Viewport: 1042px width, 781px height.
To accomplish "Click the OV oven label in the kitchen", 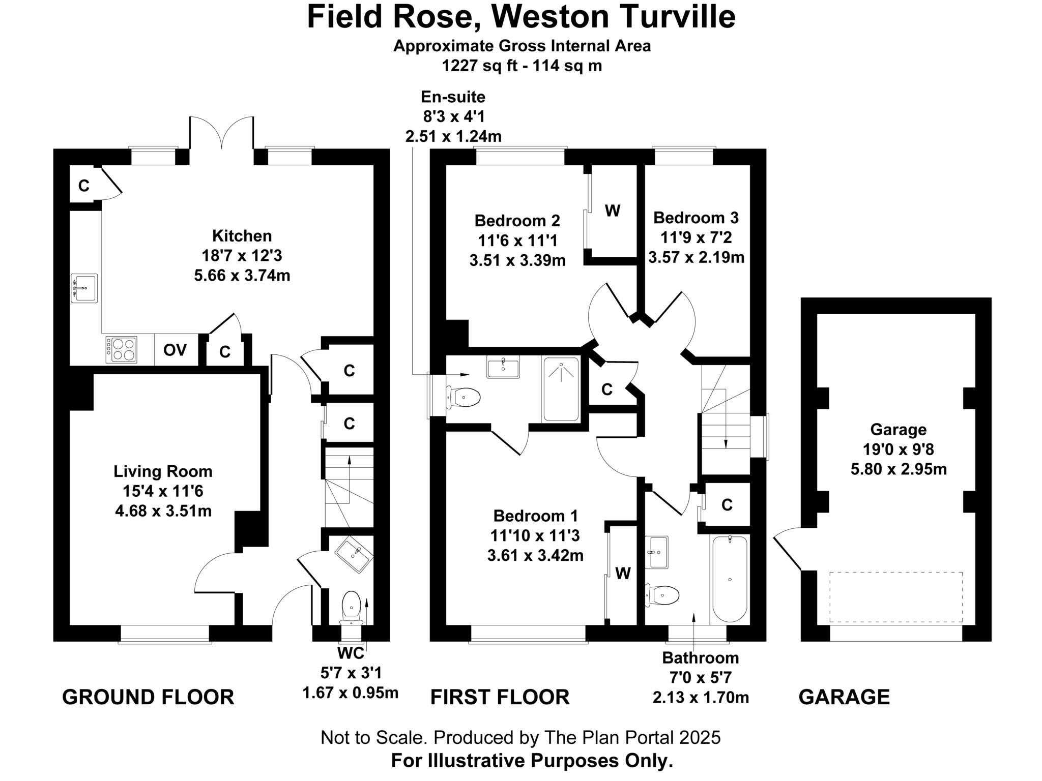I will tap(175, 350).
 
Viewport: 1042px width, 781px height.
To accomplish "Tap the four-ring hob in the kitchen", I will tap(121, 350).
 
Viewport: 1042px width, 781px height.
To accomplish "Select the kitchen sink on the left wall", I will tap(84, 288).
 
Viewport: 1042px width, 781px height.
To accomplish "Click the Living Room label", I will tap(163, 471).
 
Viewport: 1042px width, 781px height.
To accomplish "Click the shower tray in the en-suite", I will tap(561, 389).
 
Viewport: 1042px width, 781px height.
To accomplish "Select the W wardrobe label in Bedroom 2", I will tap(613, 211).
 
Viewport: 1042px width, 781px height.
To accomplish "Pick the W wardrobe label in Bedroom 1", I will tap(623, 574).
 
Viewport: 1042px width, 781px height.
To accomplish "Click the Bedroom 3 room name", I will tap(696, 218).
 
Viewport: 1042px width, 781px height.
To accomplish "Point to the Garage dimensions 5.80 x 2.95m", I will tap(899, 469).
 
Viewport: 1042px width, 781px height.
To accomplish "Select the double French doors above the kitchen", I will tap(222, 133).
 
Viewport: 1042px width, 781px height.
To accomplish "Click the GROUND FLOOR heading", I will tap(148, 697).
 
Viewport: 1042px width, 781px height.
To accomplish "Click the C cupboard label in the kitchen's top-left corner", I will tap(84, 186).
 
